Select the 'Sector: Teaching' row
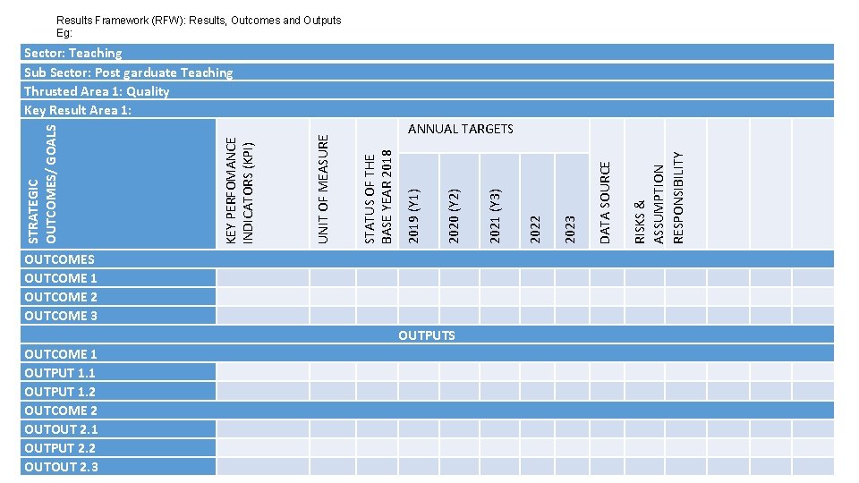click(73, 54)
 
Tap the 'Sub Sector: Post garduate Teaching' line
click(128, 72)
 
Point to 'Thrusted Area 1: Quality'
click(97, 91)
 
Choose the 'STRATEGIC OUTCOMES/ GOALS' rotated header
click(42, 183)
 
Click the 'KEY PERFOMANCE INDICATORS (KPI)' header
click(240, 189)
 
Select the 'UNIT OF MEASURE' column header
click(325, 188)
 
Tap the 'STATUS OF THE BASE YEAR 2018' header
click(378, 196)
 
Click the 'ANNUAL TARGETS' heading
click(460, 129)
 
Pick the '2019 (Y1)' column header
click(412, 214)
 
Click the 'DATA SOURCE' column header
click(605, 202)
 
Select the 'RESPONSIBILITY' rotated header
click(678, 197)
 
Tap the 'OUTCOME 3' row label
click(61, 316)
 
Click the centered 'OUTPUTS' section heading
click(427, 335)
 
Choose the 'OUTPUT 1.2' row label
click(60, 392)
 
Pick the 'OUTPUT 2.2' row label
click(60, 448)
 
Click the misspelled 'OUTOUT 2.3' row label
click(61, 467)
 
